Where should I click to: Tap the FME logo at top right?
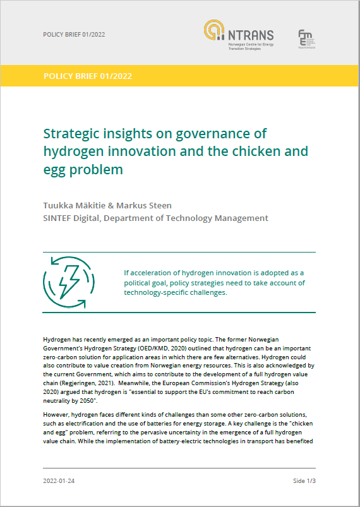[307, 38]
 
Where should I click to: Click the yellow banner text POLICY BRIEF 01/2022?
[88, 76]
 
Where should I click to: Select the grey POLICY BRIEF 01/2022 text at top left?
[74, 34]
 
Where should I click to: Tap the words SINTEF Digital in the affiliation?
[71, 218]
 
